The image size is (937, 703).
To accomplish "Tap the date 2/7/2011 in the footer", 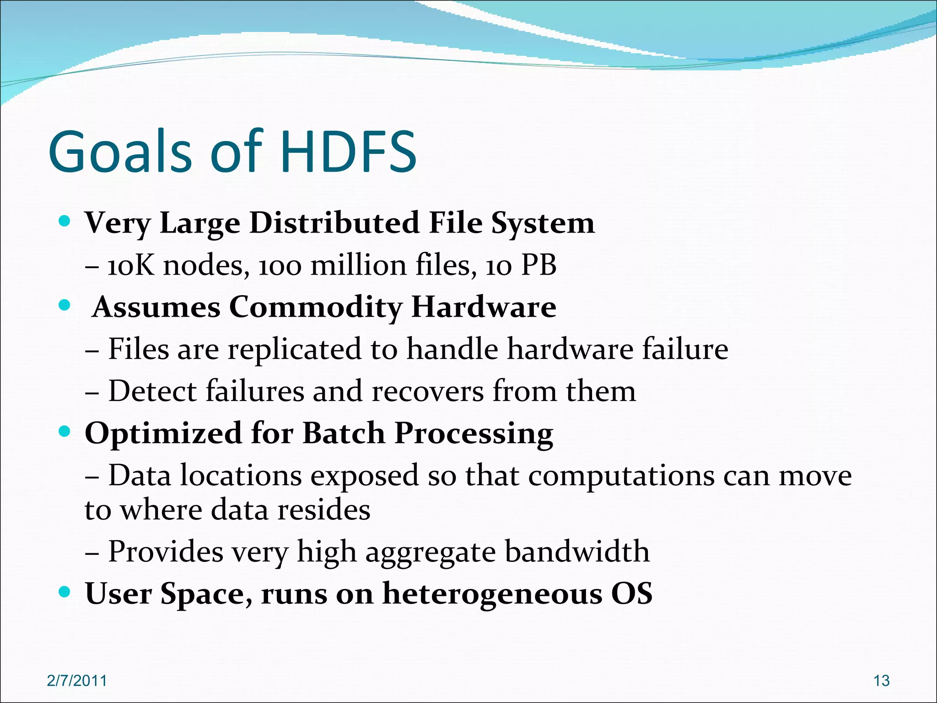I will [77, 681].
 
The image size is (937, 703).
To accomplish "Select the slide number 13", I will [881, 681].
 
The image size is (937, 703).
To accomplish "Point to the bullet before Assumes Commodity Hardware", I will [65, 305].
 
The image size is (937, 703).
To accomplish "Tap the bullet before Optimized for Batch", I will [65, 431].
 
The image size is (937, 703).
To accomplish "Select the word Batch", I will [344, 433].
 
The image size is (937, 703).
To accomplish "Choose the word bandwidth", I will [577, 551].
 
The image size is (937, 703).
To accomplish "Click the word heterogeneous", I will [492, 594].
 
